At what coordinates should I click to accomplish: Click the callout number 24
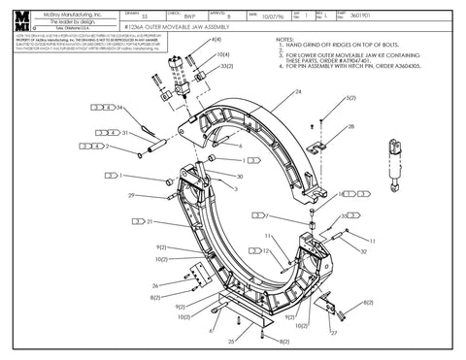(297, 91)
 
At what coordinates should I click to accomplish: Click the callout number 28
(351, 127)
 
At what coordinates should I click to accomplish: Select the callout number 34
(120, 108)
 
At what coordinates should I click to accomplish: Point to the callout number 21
(150, 222)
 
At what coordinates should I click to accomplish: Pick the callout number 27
(333, 333)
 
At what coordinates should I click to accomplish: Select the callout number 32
(363, 251)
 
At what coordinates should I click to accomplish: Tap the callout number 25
(230, 342)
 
